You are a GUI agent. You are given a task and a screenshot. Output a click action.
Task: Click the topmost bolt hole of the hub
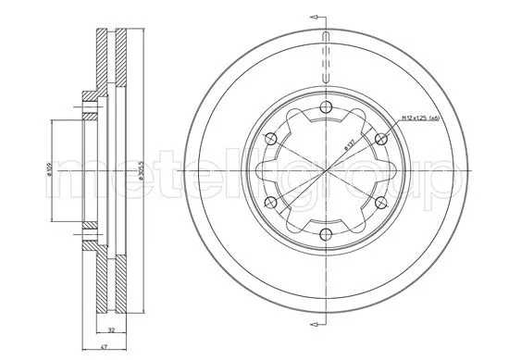point(326,110)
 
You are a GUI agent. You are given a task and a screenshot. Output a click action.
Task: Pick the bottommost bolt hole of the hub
point(326,234)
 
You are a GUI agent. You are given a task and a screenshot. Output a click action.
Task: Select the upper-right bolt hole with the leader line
point(380,140)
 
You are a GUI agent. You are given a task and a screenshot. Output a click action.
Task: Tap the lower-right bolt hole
point(380,203)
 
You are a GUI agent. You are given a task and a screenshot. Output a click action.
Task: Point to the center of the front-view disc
point(326,172)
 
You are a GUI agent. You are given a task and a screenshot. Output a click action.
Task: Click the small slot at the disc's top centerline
point(326,47)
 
